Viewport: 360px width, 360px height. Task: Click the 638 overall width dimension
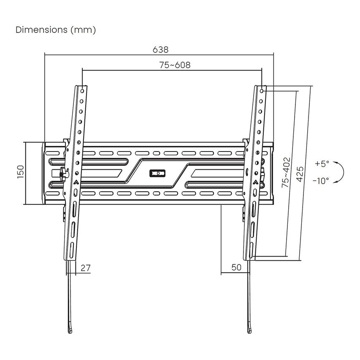[160, 49]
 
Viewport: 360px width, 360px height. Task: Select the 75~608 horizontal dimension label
[174, 65]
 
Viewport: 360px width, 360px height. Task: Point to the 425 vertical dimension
[300, 173]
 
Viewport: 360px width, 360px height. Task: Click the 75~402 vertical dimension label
[287, 173]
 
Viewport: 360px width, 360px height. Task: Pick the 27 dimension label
[85, 268]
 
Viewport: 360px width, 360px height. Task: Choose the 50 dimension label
[236, 268]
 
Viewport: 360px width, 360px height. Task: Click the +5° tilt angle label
[321, 163]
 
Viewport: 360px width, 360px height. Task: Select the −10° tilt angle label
[320, 181]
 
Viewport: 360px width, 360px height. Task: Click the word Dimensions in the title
[41, 30]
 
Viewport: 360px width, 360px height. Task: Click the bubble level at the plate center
[157, 173]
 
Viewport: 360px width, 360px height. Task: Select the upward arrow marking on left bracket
[76, 182]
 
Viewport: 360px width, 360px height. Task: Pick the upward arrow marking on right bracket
[255, 182]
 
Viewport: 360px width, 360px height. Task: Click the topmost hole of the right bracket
[263, 90]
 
